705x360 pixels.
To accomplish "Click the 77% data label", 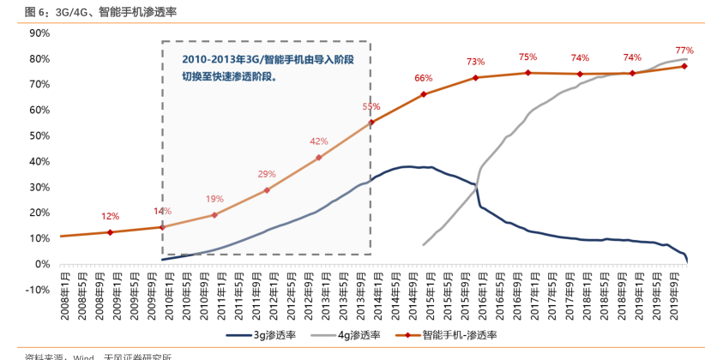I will pos(684,50).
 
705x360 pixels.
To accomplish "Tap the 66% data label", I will pos(424,78).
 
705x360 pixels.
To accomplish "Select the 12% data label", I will pos(110,216).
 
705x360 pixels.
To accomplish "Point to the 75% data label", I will pos(527,57).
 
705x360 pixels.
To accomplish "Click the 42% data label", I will pos(319,141).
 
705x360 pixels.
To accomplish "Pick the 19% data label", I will pos(214,199).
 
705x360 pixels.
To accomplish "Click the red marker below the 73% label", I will pos(475,78).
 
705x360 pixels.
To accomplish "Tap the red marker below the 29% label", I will pos(267,190).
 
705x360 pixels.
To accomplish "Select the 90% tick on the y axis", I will pos(39,33).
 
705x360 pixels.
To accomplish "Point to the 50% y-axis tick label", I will pos(39,135).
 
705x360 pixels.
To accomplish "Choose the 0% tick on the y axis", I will pos(42,264).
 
